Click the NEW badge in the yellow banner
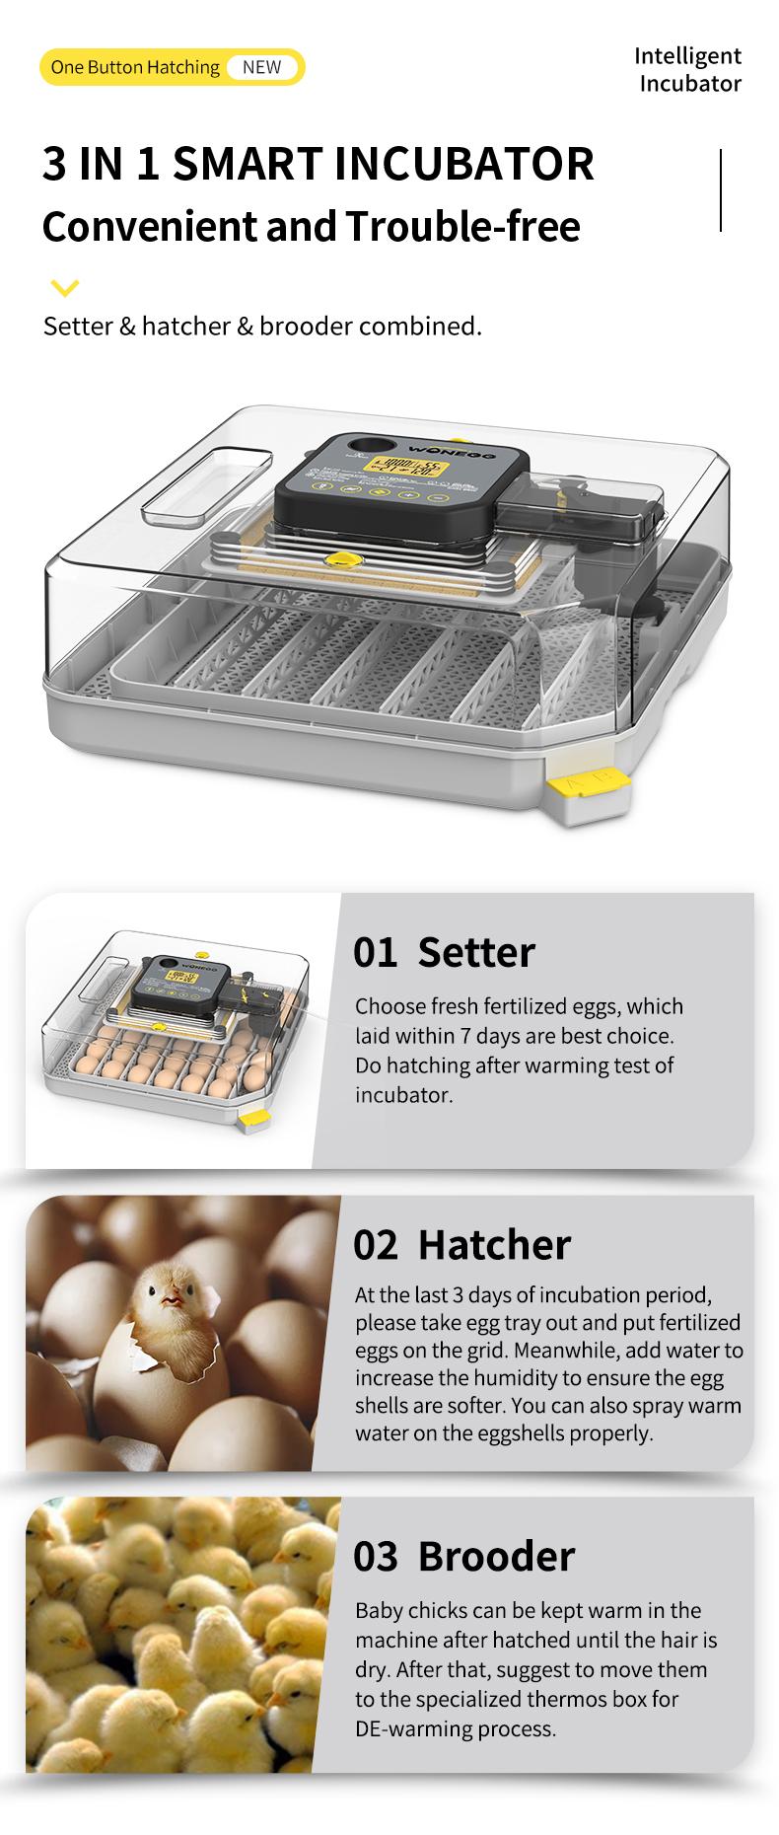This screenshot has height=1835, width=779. (261, 67)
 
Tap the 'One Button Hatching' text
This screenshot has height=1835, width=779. (135, 67)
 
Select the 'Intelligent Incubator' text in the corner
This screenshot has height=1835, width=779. (688, 69)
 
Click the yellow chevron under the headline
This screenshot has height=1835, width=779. (64, 288)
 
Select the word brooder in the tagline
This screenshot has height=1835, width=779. (306, 326)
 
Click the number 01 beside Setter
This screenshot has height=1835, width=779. (375, 952)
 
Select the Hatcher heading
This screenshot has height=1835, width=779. (494, 1244)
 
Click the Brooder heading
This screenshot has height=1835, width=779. (496, 1556)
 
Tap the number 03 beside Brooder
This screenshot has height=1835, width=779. (375, 1556)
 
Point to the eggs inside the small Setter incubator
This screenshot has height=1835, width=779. (148, 1061)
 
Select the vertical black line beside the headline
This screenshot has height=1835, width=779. (722, 190)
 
